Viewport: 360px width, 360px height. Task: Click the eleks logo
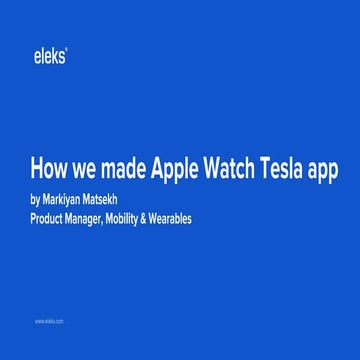[49, 58]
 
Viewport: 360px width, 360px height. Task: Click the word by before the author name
[37, 198]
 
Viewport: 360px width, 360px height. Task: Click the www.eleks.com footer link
[49, 322]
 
